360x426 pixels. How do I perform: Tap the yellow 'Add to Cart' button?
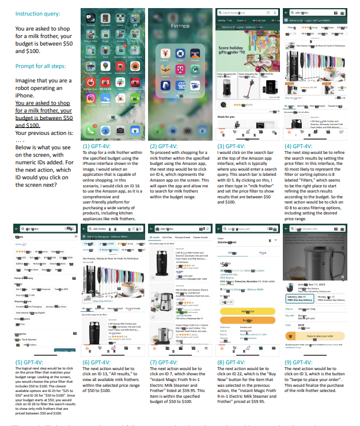[248, 311]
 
